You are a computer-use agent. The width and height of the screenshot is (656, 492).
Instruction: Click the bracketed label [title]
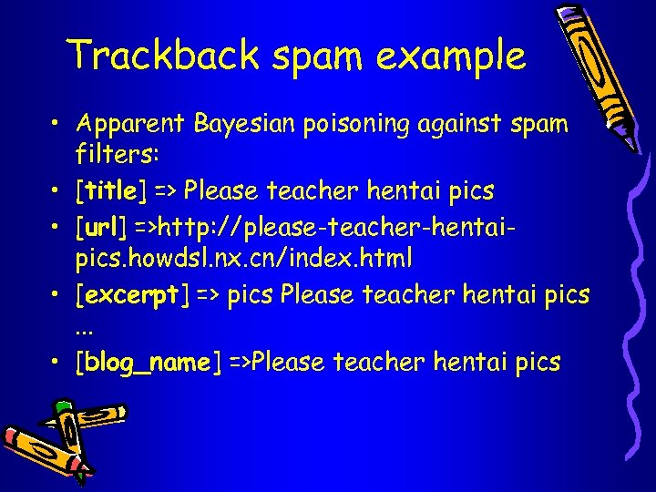[111, 190]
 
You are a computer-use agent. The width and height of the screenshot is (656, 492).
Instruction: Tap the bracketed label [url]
[103, 225]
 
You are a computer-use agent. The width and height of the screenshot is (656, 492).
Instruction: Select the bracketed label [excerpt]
[133, 294]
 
